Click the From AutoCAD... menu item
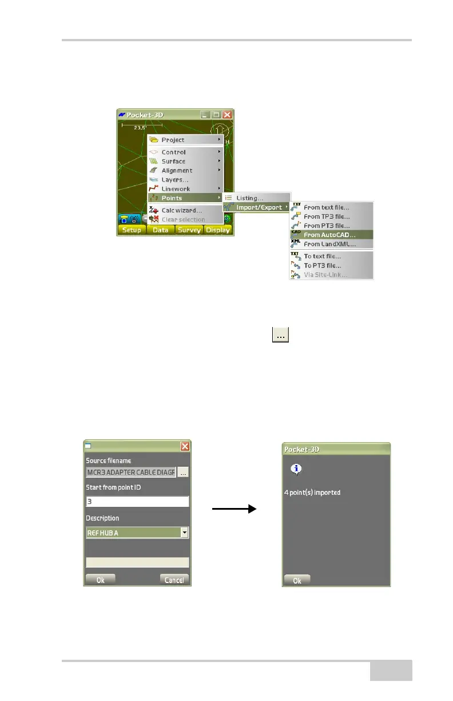pos(329,235)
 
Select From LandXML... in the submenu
pos(329,244)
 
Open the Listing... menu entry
pos(250,198)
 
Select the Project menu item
pos(173,140)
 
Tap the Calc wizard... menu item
pos(181,210)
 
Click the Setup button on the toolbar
pos(132,230)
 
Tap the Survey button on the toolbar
pos(189,230)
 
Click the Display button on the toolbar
pos(218,230)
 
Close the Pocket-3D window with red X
pos(227,115)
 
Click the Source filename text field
pos(131,472)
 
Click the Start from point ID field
pos(137,502)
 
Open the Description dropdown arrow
pos(184,533)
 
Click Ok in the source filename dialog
pos(100,580)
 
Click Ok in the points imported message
pos(297,580)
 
